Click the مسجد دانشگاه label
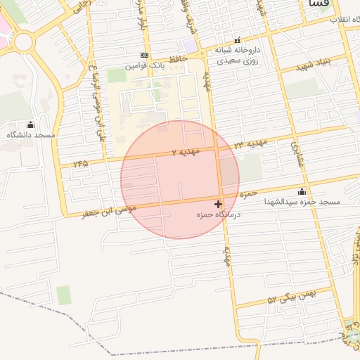[x=31, y=134]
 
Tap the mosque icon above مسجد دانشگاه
[x=30, y=124]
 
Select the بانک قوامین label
[x=144, y=65]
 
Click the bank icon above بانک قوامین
[x=144, y=55]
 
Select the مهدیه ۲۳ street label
[x=251, y=144]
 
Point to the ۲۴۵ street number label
[x=79, y=164]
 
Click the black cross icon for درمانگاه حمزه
[x=218, y=204]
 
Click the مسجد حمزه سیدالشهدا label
[x=302, y=202]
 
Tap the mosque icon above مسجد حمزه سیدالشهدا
[x=302, y=191]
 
